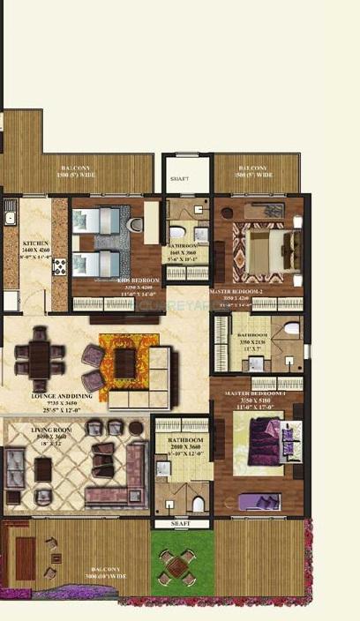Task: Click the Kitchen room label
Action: [36, 243]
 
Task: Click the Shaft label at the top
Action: [179, 176]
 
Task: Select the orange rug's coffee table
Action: [125, 360]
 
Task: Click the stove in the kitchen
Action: [60, 266]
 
